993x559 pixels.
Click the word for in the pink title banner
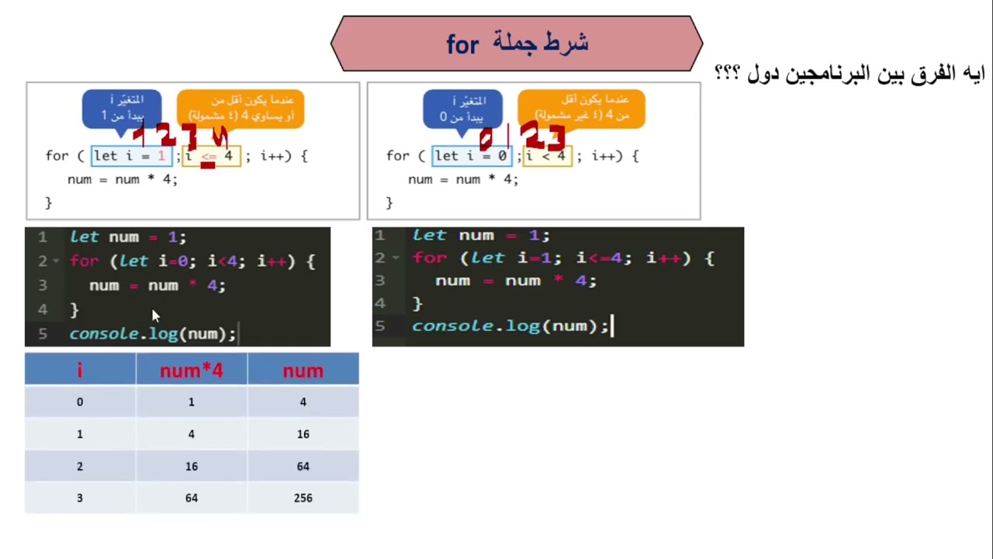462,45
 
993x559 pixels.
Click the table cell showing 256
303,498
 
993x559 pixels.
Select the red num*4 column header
191,371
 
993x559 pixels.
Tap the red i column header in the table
79,371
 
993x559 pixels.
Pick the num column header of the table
303,371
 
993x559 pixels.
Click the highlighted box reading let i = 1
131,156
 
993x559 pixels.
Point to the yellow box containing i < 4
548,156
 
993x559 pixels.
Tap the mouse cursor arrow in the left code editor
155,315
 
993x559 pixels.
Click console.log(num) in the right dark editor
510,326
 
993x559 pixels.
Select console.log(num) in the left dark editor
152,334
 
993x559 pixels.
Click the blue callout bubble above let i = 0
462,108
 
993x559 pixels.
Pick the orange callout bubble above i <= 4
240,108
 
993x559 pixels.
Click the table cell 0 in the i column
79,402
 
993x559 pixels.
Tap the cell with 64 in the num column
303,466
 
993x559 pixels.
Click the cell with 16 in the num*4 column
191,466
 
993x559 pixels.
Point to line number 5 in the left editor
43,334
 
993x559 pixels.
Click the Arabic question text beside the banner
849,74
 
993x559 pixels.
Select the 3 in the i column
79,498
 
